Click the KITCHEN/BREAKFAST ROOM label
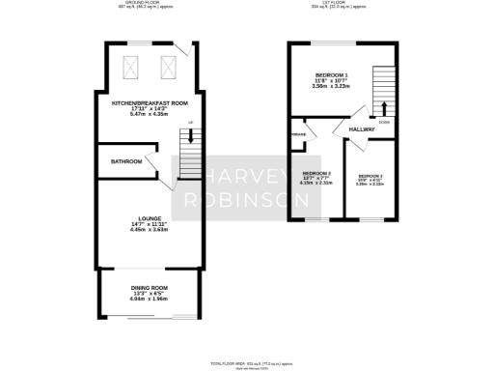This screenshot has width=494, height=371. (x=150, y=102)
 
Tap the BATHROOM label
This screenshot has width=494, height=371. (x=126, y=161)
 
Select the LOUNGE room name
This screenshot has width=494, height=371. (x=150, y=219)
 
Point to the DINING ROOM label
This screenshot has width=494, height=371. (x=150, y=288)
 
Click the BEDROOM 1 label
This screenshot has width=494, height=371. (x=332, y=75)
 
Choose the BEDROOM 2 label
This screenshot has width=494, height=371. (x=316, y=174)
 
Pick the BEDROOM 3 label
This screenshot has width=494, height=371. (x=370, y=176)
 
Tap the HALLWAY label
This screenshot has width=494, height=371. (x=362, y=129)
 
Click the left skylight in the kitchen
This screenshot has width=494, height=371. (x=134, y=67)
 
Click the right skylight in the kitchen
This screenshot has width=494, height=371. (x=167, y=67)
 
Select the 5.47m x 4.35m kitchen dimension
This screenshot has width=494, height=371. (x=150, y=114)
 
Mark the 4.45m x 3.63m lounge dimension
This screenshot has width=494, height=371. (x=150, y=230)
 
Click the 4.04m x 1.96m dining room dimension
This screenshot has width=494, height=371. (x=150, y=300)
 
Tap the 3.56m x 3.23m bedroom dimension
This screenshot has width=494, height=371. (x=332, y=87)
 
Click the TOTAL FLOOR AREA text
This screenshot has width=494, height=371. (x=248, y=363)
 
